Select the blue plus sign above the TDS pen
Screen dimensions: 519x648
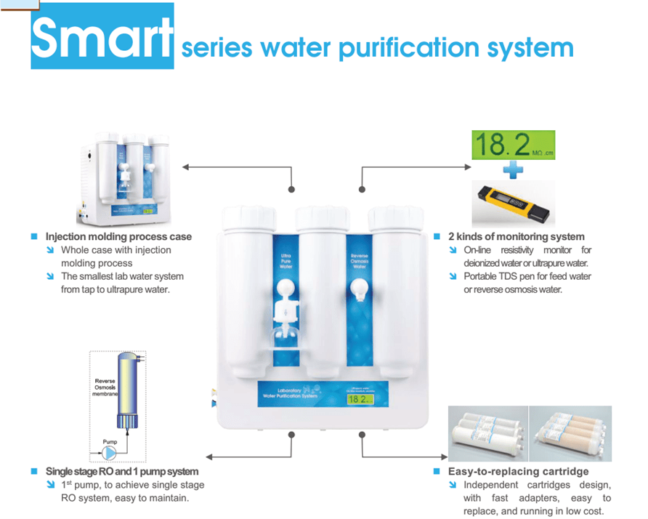(513, 169)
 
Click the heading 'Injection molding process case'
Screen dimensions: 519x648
(118, 236)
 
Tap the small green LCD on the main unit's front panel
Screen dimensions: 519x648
(359, 399)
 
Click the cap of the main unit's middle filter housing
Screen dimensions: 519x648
(320, 217)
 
